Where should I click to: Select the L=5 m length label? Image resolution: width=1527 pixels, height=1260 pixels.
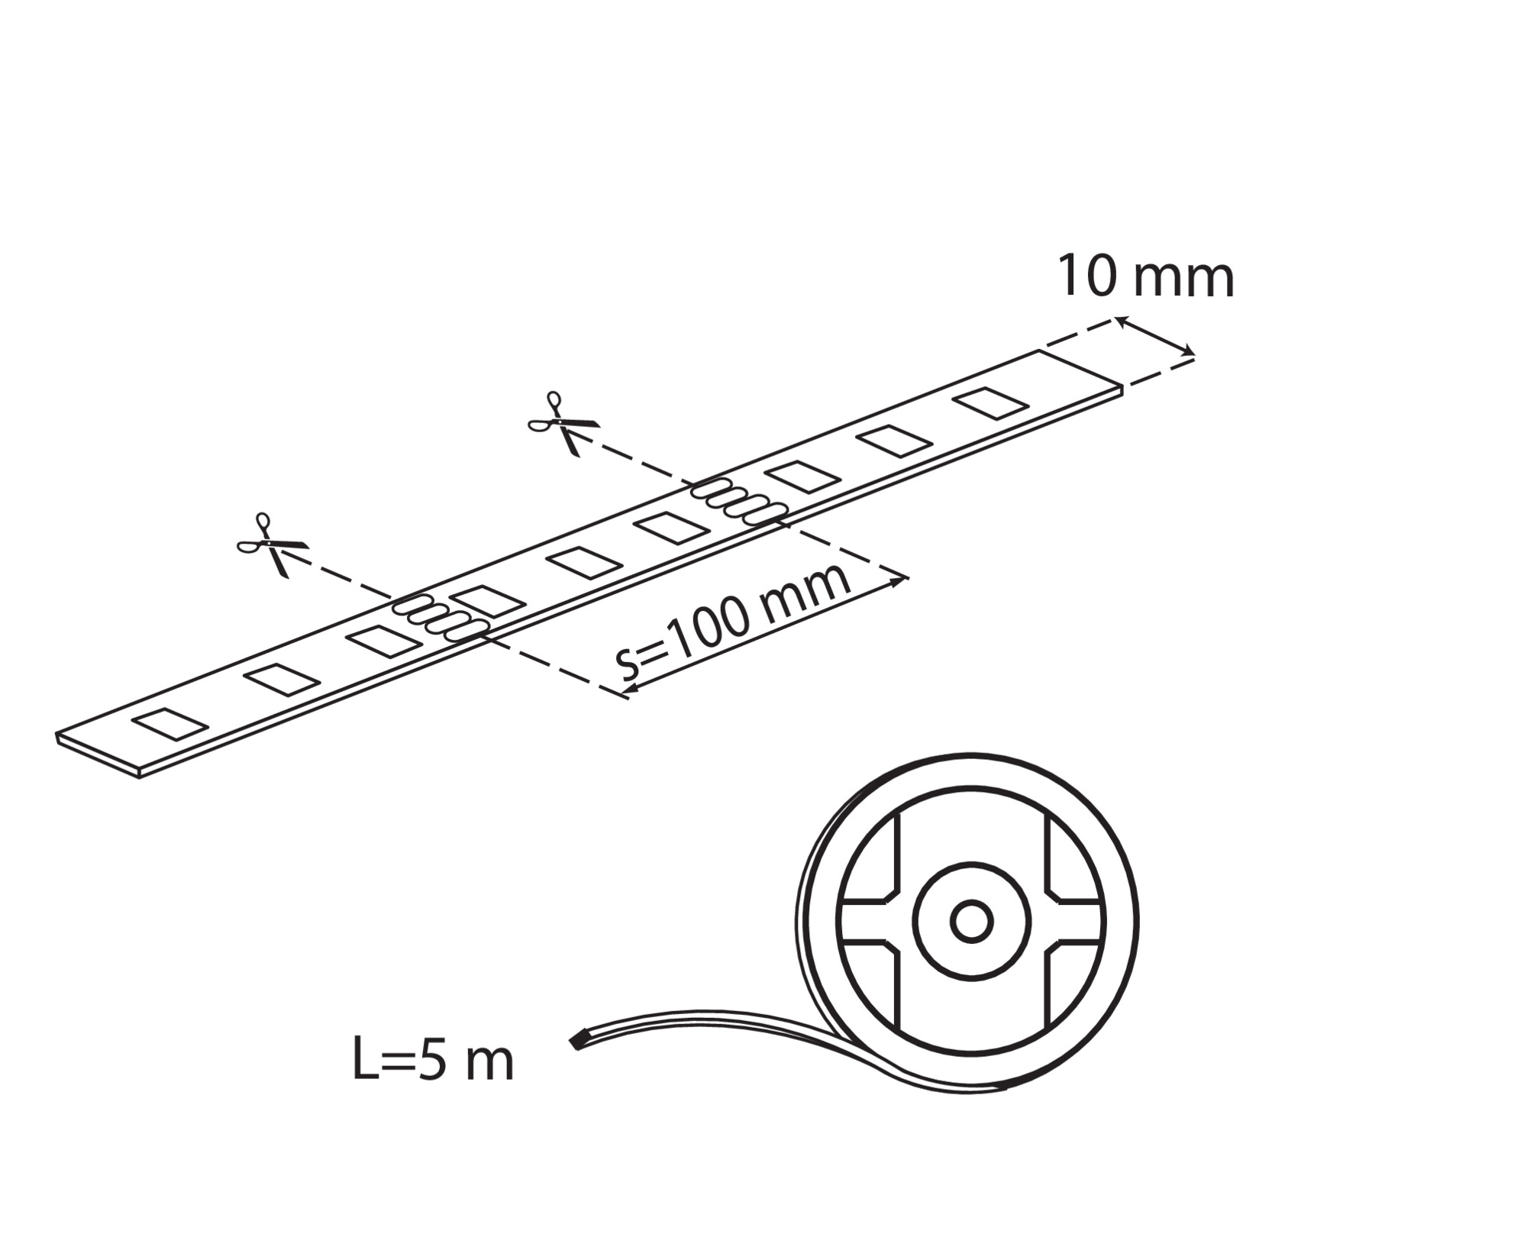(x=433, y=1060)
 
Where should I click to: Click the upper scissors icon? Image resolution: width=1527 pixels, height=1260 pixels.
(x=563, y=422)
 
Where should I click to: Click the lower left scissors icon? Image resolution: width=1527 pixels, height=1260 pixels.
(x=273, y=544)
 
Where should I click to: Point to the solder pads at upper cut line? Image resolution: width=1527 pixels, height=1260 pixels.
(x=739, y=502)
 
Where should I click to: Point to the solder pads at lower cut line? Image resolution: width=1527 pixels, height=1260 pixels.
(x=441, y=618)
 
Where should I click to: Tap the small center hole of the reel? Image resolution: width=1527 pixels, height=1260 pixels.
(x=971, y=922)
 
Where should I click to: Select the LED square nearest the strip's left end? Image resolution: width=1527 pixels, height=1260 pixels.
(x=170, y=724)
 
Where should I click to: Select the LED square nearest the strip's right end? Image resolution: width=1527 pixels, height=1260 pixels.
(x=991, y=403)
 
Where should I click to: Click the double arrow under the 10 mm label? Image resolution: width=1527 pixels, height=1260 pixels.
(x=1155, y=337)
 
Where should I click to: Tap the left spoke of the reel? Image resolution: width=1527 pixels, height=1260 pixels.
(x=870, y=922)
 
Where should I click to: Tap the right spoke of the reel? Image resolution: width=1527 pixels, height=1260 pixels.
(x=1073, y=922)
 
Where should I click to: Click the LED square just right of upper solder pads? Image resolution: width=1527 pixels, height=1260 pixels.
(x=802, y=477)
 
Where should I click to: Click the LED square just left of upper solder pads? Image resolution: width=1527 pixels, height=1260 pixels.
(x=672, y=528)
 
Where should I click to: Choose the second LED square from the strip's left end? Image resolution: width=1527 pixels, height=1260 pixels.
(x=282, y=680)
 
